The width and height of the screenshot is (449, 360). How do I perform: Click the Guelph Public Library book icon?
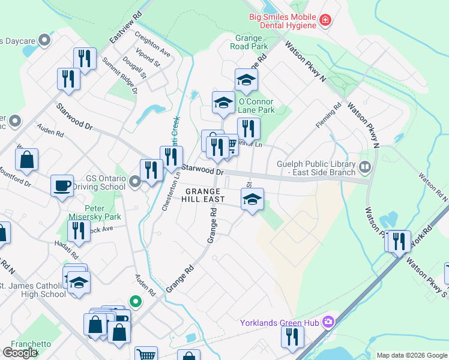click(365, 166)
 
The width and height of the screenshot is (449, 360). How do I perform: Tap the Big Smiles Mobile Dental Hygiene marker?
click(325, 20)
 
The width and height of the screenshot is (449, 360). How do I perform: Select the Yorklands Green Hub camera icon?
click(328, 322)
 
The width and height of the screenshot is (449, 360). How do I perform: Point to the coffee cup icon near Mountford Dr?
click(62, 185)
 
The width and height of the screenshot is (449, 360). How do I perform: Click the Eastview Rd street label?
click(125, 27)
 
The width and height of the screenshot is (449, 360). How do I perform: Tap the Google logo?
click(19, 353)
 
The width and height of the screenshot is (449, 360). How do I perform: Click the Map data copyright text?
click(411, 355)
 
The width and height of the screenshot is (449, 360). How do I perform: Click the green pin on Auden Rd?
click(136, 302)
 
